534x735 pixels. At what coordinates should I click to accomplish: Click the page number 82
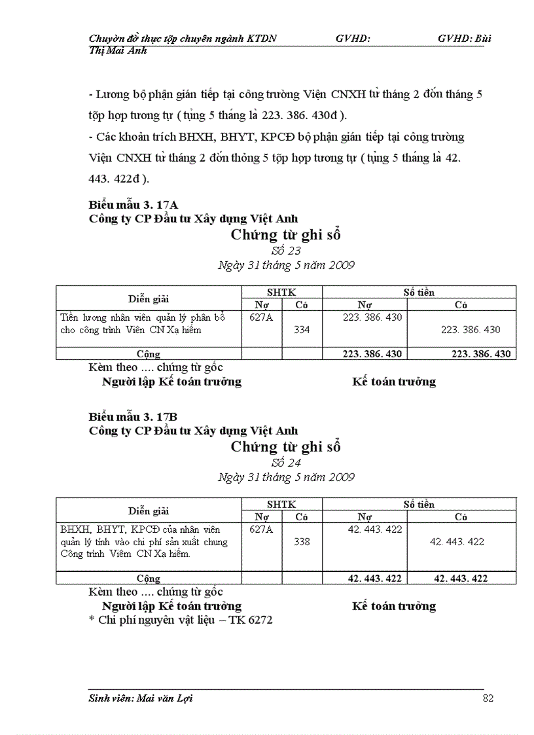tap(488, 698)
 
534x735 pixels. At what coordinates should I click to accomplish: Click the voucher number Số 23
tap(286, 251)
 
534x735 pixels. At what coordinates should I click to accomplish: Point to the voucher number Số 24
tap(286, 463)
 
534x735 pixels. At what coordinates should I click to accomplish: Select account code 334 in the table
tap(302, 330)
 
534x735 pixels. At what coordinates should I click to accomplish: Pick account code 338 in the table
tap(302, 542)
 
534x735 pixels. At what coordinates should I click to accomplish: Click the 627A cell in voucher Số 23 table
tap(262, 317)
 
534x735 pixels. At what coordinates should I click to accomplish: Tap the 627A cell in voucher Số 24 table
tap(262, 529)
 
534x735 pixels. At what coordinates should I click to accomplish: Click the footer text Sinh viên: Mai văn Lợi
tap(141, 698)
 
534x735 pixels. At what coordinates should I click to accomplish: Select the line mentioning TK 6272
tap(180, 619)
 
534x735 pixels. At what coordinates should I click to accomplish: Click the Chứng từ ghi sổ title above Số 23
tap(286, 235)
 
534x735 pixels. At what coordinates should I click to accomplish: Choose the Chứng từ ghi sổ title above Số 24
tap(286, 447)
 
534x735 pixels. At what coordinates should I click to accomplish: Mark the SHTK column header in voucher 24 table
tap(281, 505)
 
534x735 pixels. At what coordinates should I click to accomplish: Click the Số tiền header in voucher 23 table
tap(419, 293)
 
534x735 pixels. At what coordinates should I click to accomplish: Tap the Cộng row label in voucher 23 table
tap(149, 354)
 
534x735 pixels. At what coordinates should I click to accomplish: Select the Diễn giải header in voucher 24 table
tap(149, 511)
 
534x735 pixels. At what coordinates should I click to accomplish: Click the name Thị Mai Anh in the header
tap(118, 50)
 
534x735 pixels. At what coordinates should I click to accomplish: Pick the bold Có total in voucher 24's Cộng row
tap(461, 579)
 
